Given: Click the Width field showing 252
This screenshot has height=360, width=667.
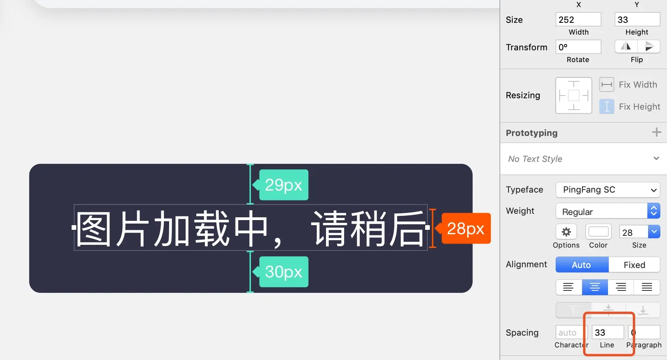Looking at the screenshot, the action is point(578,20).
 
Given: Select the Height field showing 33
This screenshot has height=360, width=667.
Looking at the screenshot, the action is point(637,20).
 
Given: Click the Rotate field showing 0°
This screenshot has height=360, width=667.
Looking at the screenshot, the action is point(578,47).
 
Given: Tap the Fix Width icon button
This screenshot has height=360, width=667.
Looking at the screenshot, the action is point(606,84).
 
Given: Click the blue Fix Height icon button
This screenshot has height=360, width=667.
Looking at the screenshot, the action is point(606,107).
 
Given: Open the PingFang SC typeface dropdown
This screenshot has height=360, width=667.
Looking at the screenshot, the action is point(608,190).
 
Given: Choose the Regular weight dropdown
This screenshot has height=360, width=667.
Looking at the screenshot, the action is point(608,211).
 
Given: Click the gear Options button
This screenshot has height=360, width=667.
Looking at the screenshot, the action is point(566,232).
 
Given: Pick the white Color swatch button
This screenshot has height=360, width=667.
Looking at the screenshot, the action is point(598,232).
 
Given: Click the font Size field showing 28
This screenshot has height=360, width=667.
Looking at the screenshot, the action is point(633,232).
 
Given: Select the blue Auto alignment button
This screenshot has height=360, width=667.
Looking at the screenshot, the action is point(582,265).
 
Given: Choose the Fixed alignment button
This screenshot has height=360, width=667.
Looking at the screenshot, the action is point(634,265).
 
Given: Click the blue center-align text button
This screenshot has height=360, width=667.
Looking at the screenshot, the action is point(595,287).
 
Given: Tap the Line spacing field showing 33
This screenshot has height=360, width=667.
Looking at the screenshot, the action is point(608,332).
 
